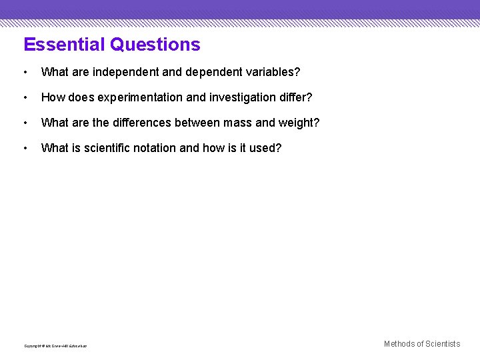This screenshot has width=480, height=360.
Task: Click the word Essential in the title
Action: pyautogui.click(x=64, y=45)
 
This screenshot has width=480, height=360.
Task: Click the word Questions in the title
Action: pyautogui.click(x=155, y=45)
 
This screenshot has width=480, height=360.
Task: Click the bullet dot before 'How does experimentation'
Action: pyautogui.click(x=25, y=97)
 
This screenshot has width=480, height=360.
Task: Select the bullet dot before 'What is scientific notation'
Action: pyautogui.click(x=25, y=148)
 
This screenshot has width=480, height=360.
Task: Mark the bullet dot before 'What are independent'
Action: pyautogui.click(x=25, y=71)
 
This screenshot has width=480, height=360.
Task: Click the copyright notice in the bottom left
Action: pyautogui.click(x=55, y=345)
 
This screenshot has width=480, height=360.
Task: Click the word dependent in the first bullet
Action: pyautogui.click(x=210, y=71)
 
